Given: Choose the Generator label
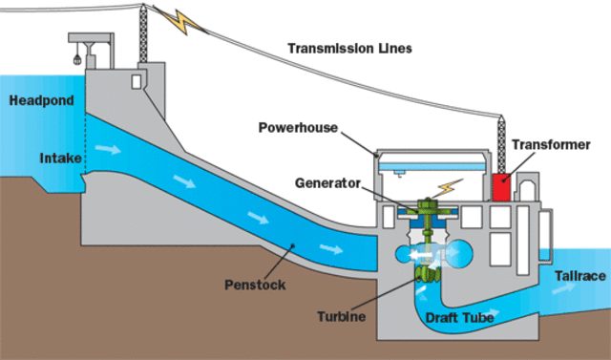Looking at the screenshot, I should (327, 180).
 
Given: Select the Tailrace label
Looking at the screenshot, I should (579, 275).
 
